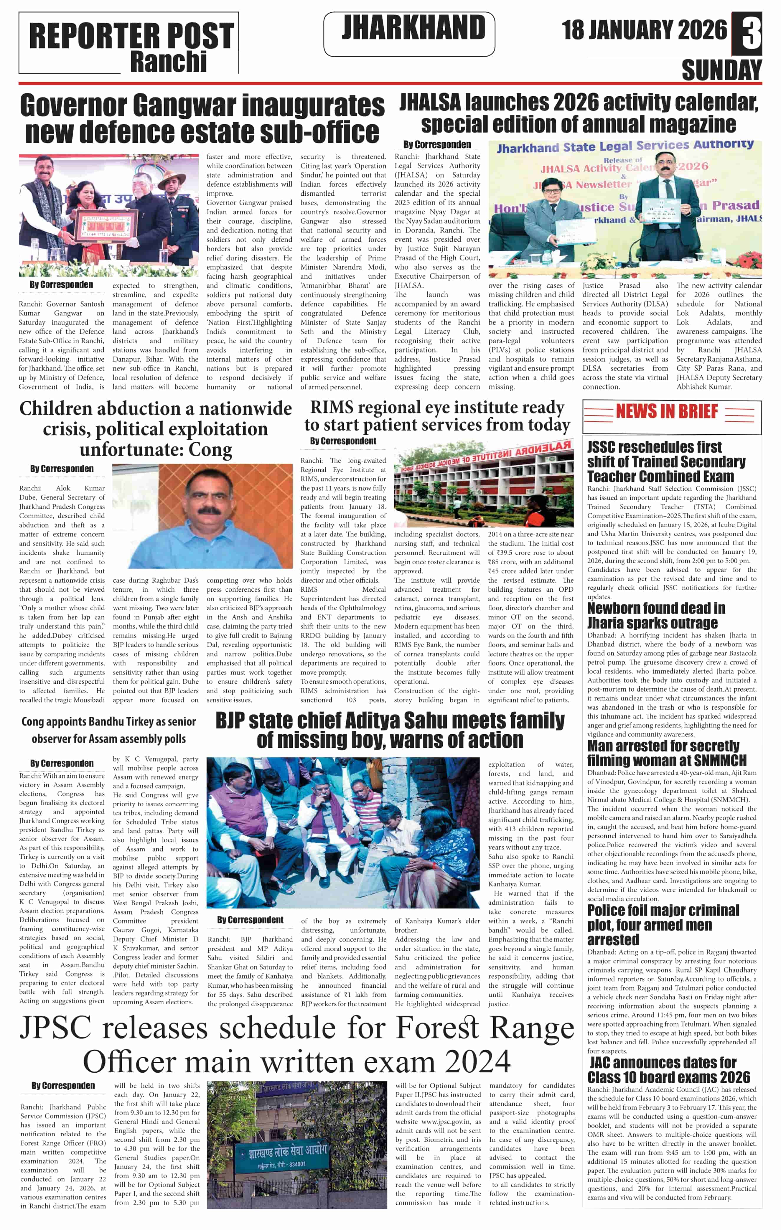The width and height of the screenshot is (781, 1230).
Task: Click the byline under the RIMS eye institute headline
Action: coord(343,441)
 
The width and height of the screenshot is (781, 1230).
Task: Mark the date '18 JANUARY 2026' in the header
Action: coord(644,30)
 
